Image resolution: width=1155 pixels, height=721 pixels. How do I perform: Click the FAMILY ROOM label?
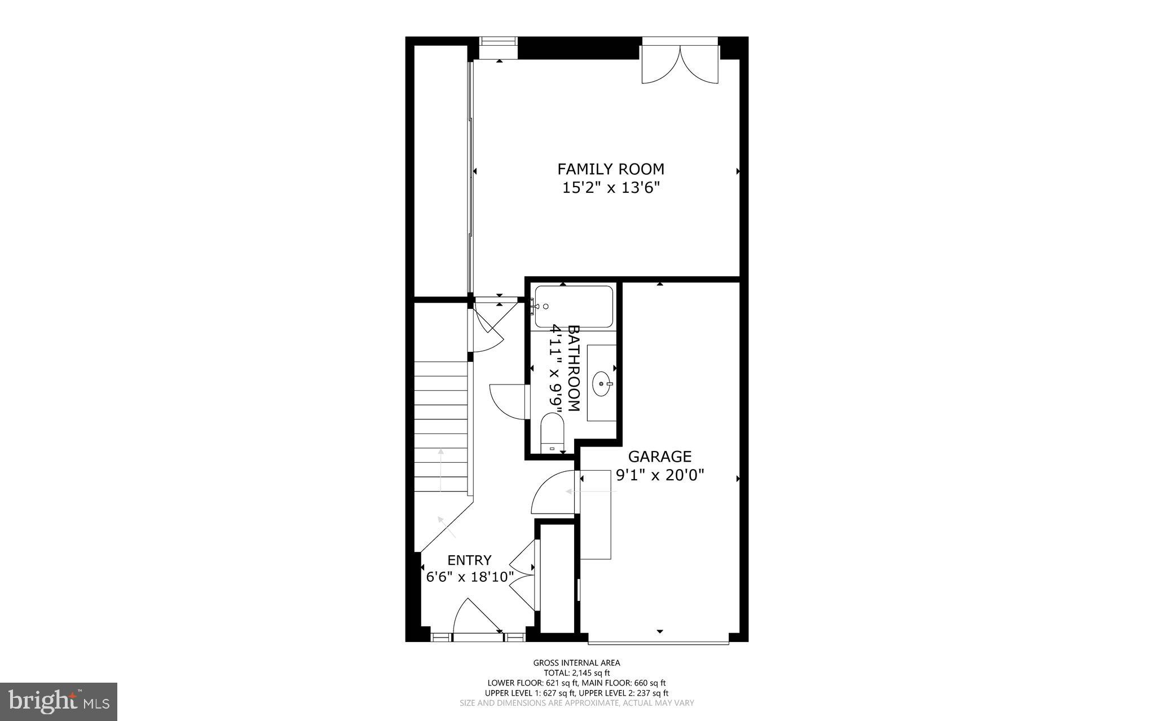point(611,169)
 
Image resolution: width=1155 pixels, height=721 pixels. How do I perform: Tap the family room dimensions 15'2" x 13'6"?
point(611,188)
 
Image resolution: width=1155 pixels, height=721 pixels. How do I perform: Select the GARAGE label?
point(660,456)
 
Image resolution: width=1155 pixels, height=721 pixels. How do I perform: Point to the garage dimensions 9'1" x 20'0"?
point(660,475)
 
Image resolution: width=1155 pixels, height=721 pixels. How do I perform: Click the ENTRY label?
point(469,560)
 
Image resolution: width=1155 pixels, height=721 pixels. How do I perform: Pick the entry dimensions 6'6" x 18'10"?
point(469,577)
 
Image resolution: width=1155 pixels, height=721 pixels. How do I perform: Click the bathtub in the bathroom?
point(574,307)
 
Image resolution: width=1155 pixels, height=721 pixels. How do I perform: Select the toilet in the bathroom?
point(552,433)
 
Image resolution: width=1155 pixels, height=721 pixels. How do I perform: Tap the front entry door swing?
point(477,618)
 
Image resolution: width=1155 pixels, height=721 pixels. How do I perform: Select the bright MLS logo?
point(59,702)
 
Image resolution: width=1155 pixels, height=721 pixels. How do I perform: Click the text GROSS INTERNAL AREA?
point(576,663)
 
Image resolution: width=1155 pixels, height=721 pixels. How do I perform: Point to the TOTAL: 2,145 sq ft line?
point(576,673)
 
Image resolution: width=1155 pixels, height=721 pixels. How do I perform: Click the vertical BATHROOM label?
point(574,368)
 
